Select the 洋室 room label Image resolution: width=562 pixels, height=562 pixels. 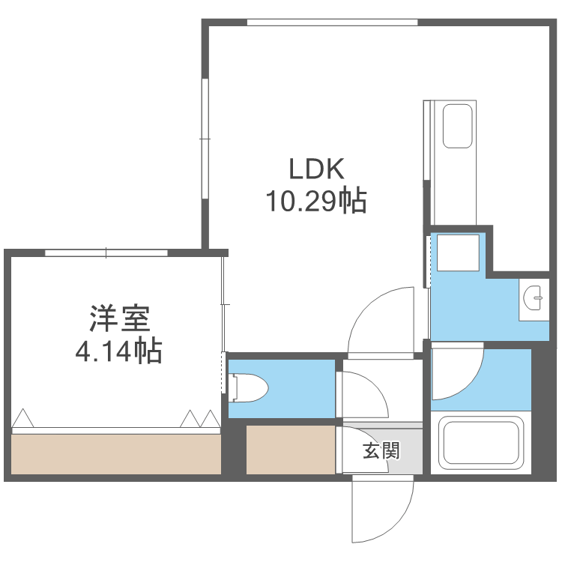tap(120, 319)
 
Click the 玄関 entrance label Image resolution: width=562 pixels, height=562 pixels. tap(381, 451)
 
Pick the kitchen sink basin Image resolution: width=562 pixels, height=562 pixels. tap(457, 126)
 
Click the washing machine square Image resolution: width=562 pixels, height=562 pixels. tap(459, 253)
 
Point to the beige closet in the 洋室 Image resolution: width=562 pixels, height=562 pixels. tap(116, 454)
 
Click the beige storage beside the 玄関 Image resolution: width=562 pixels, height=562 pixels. tap(291, 450)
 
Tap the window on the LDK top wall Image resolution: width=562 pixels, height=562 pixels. tap(332, 22)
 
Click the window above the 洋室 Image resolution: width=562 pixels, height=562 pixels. tap(106, 253)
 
